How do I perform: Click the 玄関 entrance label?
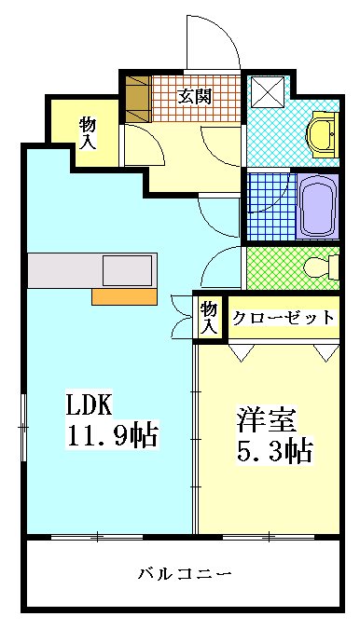(x=195, y=95)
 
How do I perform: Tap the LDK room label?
(x=89, y=405)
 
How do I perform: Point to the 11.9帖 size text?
(x=111, y=434)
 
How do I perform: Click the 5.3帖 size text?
(x=273, y=452)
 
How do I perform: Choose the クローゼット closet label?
(x=283, y=318)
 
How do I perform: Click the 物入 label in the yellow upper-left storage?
(x=87, y=131)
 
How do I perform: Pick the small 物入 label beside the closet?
(x=209, y=317)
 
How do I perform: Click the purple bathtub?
(x=317, y=207)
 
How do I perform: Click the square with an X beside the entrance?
(x=269, y=94)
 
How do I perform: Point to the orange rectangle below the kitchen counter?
(x=124, y=296)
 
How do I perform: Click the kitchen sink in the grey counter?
(x=126, y=270)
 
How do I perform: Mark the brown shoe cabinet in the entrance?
(x=138, y=99)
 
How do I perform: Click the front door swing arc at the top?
(x=211, y=42)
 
